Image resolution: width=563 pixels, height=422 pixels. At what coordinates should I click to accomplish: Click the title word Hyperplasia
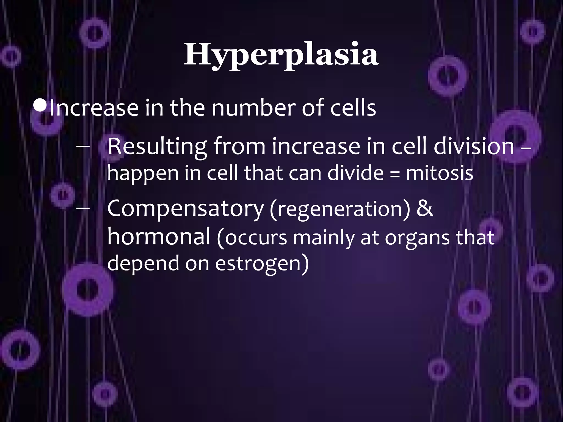point(281,55)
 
